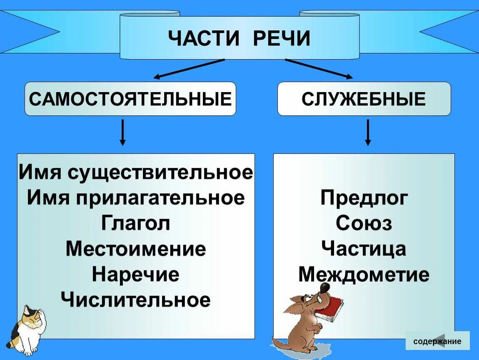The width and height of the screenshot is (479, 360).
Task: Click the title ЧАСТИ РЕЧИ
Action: pyautogui.click(x=239, y=38)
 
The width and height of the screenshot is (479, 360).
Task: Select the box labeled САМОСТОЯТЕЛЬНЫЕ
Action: pyautogui.click(x=130, y=99)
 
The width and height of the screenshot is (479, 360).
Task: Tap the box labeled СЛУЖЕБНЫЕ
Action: pyautogui.click(x=364, y=99)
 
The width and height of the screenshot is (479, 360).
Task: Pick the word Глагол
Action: pyautogui.click(x=135, y=223)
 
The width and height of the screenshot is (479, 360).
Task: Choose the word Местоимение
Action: pyautogui.click(x=135, y=249)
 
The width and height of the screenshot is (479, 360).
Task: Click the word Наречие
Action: pyautogui.click(x=135, y=274)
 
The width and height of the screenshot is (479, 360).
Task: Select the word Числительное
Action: pyautogui.click(x=135, y=300)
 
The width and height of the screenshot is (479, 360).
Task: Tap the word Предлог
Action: pyautogui.click(x=364, y=198)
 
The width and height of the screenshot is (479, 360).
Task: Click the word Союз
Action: pyautogui.click(x=364, y=223)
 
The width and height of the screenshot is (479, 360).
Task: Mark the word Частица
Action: pyautogui.click(x=364, y=249)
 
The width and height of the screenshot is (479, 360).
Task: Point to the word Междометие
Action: pyautogui.click(x=364, y=275)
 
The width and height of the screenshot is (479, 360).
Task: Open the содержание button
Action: pyautogui.click(x=437, y=341)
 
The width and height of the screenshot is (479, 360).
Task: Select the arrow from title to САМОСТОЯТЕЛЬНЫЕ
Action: pyautogui.click(x=190, y=69)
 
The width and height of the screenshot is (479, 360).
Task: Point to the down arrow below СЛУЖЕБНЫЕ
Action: pyautogui.click(x=367, y=132)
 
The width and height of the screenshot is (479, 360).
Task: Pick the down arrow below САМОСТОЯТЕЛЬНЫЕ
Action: pyautogui.click(x=122, y=132)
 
